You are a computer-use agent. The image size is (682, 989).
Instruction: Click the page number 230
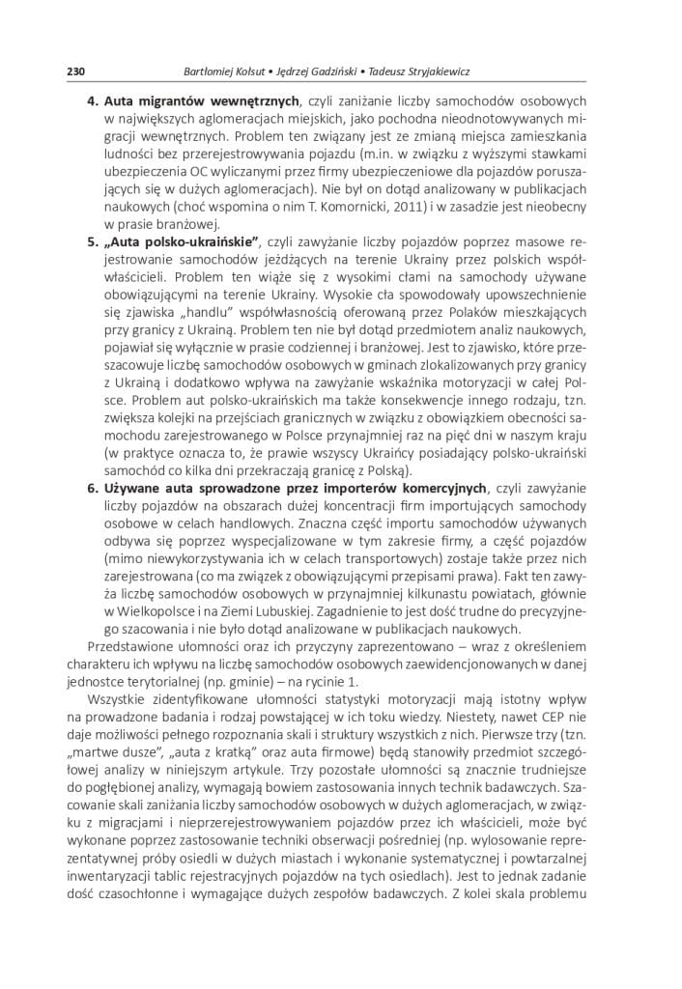point(78,71)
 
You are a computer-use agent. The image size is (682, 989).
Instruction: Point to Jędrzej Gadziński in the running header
point(327,71)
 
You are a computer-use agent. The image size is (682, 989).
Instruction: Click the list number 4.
point(93,100)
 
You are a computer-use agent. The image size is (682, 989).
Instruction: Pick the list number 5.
point(93,240)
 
